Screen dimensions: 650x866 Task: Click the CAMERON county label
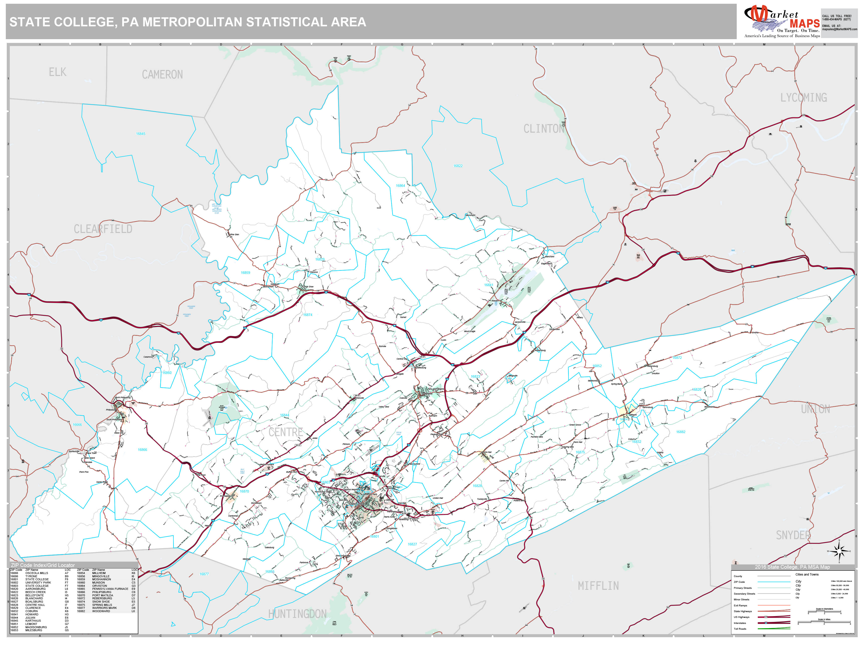(x=162, y=74)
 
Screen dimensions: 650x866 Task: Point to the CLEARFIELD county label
(x=103, y=229)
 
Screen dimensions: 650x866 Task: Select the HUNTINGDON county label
(x=297, y=614)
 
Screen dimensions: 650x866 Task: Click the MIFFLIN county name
(x=598, y=586)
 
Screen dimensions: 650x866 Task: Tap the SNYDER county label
(x=793, y=535)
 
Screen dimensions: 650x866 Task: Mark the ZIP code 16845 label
(x=141, y=134)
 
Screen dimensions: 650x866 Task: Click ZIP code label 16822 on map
(x=458, y=166)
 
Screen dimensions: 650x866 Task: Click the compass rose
(x=839, y=551)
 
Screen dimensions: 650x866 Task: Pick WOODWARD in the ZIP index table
(x=101, y=611)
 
